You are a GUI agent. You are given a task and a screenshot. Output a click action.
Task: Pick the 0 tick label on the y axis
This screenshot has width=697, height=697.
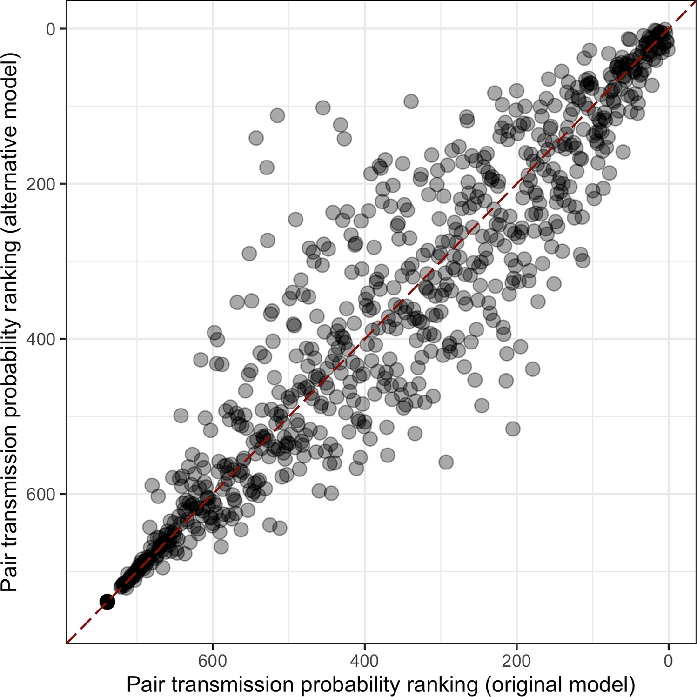[x=50, y=29]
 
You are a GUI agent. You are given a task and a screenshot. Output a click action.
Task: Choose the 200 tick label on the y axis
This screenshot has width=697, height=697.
[x=41, y=184]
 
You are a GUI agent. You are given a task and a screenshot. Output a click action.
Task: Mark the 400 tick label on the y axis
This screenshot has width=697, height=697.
[x=41, y=339]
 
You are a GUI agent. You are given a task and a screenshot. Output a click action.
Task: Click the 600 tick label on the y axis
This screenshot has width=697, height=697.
[x=41, y=494]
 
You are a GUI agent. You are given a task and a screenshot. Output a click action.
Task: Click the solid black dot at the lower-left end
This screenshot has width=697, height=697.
[x=107, y=602]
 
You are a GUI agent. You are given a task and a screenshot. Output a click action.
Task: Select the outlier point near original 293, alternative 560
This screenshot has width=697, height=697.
[x=446, y=462]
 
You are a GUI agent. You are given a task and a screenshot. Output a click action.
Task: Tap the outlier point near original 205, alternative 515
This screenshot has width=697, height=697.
[x=513, y=429]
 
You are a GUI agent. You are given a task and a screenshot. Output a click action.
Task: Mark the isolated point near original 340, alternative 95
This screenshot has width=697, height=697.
[x=411, y=101]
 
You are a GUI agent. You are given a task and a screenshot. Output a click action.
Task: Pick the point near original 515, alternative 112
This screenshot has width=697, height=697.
[x=277, y=115]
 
